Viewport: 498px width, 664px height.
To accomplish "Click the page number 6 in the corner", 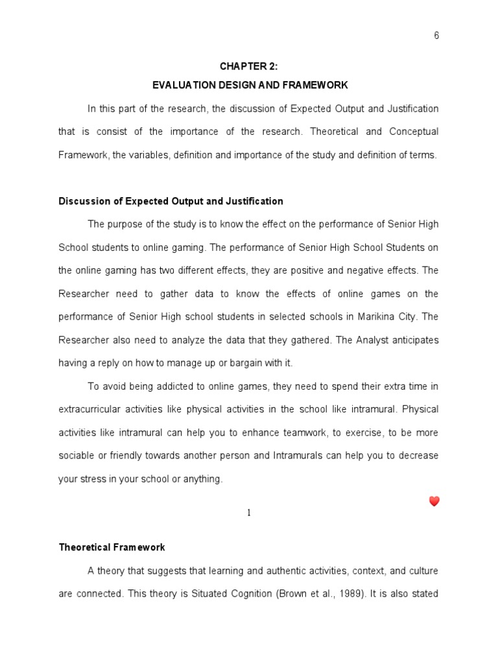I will pyautogui.click(x=436, y=36).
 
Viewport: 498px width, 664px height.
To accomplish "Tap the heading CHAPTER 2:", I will pyautogui.click(x=250, y=66).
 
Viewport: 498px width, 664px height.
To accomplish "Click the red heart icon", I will pyautogui.click(x=434, y=501).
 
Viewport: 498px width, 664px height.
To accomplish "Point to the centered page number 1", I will pyautogui.click(x=248, y=513).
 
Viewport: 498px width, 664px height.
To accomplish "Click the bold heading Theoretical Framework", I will pyautogui.click(x=112, y=547).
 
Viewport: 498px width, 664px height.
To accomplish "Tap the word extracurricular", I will pyautogui.click(x=88, y=409).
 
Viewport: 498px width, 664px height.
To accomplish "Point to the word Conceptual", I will pyautogui.click(x=414, y=132).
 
